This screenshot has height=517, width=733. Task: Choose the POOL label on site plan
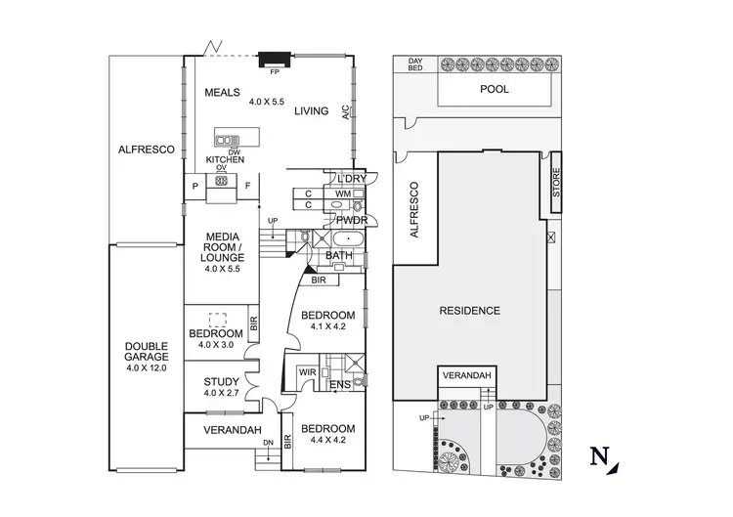pos(496,88)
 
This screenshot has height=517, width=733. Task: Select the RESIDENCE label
pos(469,311)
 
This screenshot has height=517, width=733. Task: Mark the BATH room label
pos(339,256)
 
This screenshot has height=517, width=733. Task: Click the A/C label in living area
pos(345,112)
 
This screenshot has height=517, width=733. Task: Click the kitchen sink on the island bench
pos(228,140)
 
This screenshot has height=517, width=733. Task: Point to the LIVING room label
pos(312,111)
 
